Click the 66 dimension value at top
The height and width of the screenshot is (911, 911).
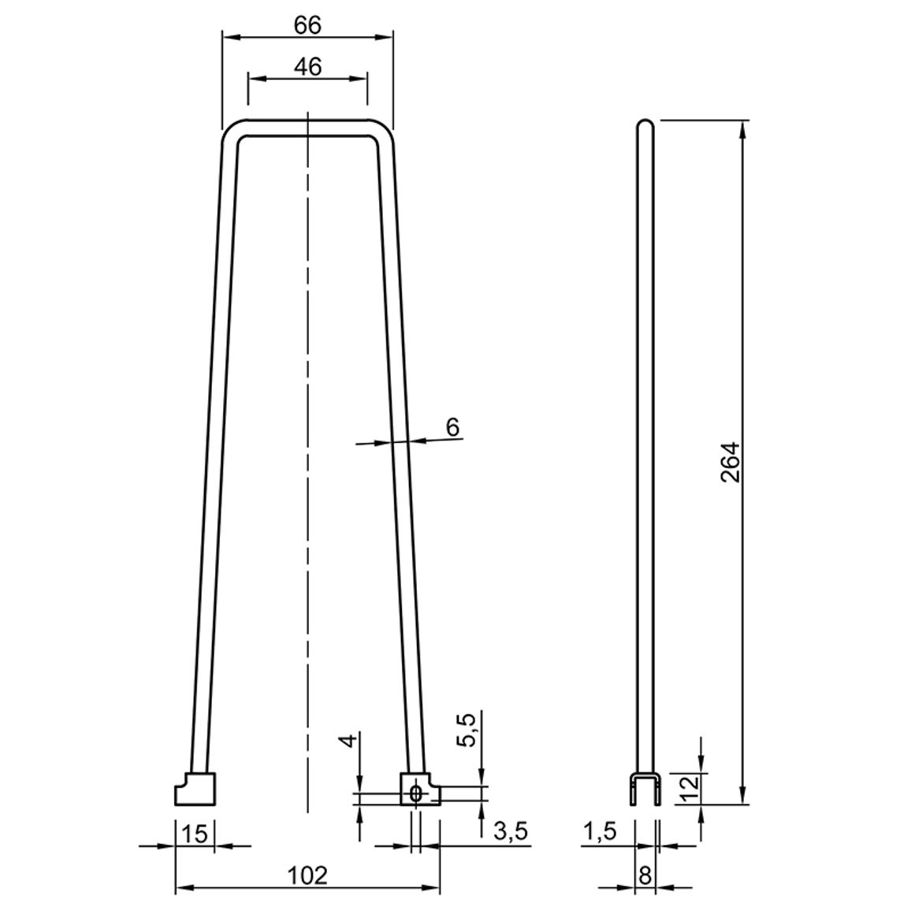click(307, 25)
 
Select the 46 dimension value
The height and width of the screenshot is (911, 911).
click(307, 67)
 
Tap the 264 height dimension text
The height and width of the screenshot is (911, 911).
click(730, 463)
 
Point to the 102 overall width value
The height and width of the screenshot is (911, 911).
click(307, 876)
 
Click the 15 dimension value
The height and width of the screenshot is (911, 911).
click(195, 835)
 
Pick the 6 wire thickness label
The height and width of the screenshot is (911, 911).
click(452, 427)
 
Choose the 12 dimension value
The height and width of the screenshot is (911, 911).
click(688, 789)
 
